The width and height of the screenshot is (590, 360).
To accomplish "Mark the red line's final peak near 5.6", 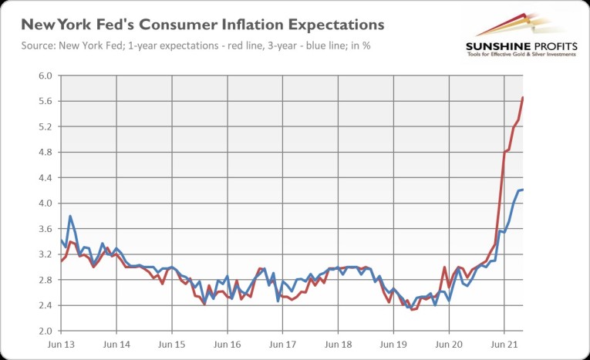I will point(523,98).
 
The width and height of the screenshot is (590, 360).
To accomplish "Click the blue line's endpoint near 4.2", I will point(523,190).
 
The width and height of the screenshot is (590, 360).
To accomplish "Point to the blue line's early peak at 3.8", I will point(70,216).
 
